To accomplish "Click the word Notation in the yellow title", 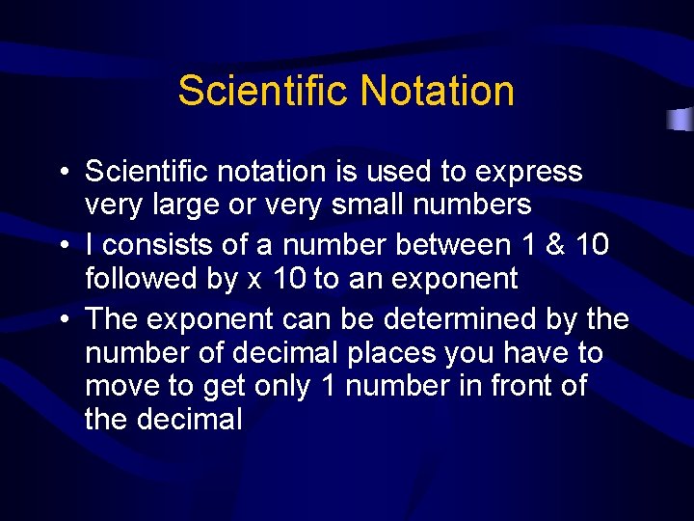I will (437, 92).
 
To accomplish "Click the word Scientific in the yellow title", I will (262, 92).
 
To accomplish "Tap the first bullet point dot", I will (62, 173).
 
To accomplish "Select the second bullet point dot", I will (62, 246).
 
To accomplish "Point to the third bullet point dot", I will (62, 319).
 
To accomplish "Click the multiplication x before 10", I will (254, 281).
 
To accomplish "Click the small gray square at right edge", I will (681, 120).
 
